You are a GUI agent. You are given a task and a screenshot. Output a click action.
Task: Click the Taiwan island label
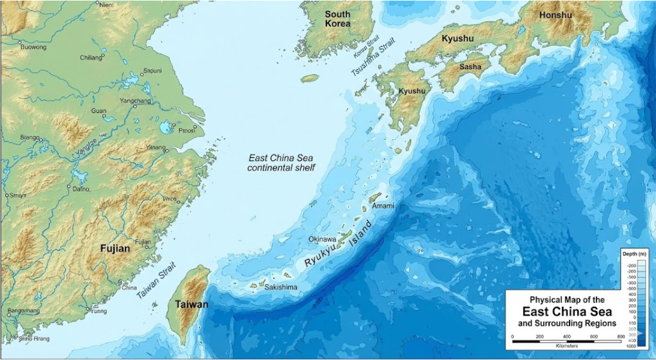pyautogui.click(x=191, y=305)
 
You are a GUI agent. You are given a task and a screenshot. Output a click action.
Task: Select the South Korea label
pyautogui.click(x=337, y=19)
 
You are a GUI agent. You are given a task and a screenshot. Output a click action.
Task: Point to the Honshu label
pyautogui.click(x=555, y=15)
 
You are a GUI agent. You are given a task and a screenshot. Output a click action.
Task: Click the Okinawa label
pyautogui.click(x=322, y=239)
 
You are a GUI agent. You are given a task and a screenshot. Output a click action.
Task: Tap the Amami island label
pyautogui.click(x=383, y=206)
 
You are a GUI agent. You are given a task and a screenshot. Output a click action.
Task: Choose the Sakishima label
pyautogui.click(x=281, y=287)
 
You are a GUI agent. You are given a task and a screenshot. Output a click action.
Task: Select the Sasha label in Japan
pyautogui.click(x=470, y=67)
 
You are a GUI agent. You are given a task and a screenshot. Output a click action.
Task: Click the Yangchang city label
pyautogui.click(x=135, y=101)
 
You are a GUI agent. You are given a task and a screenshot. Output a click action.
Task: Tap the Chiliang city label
pyautogui.click(x=91, y=58)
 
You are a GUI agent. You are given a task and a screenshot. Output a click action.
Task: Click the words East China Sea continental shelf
pyautogui.click(x=281, y=163)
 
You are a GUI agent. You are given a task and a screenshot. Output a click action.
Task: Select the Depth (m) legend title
pyautogui.click(x=634, y=254)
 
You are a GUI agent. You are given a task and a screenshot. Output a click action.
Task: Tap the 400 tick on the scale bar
pyautogui.click(x=565, y=337)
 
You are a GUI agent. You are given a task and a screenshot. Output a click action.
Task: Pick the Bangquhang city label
pyautogui.click(x=23, y=311)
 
